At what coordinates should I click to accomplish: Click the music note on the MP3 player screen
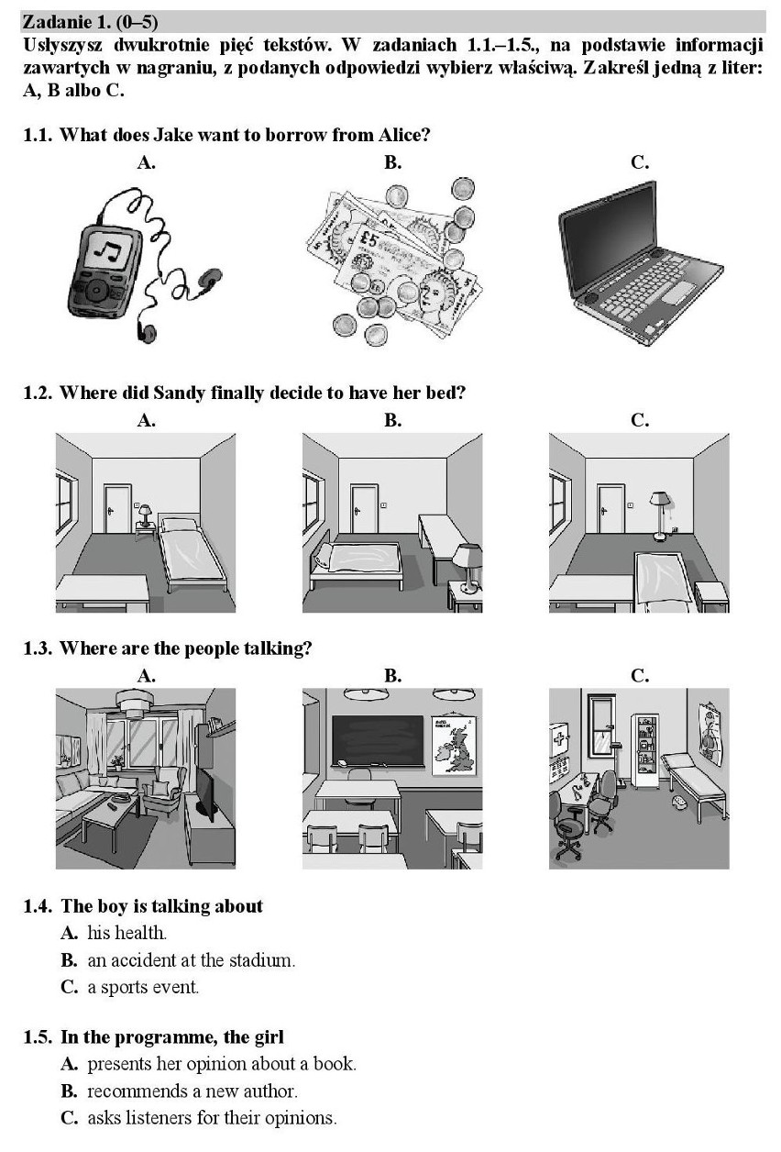(x=107, y=251)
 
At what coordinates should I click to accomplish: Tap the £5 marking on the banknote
(x=368, y=239)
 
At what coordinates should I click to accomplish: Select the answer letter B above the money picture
(x=392, y=162)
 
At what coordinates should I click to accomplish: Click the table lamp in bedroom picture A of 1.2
(x=146, y=515)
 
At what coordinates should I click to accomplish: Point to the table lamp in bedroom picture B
(x=467, y=567)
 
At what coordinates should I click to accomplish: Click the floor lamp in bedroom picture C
(x=658, y=515)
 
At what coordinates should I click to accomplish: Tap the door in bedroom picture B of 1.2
(x=364, y=508)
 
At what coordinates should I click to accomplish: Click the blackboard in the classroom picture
(x=379, y=739)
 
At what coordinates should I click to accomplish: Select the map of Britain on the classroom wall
(x=455, y=744)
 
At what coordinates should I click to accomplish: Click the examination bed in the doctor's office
(x=694, y=785)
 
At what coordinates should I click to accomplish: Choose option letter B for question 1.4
(x=69, y=959)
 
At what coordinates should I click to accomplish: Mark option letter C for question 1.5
(x=70, y=1117)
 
